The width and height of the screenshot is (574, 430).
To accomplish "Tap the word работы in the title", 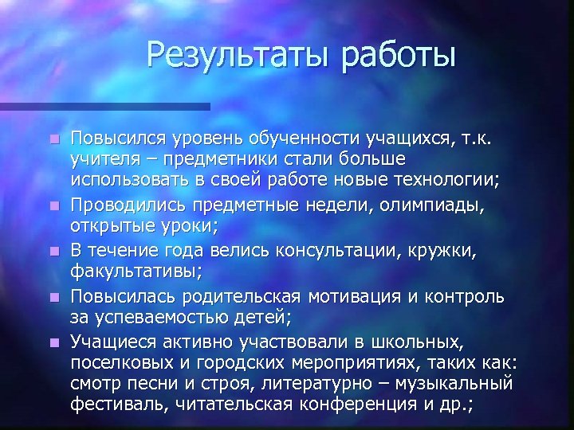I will (397, 56).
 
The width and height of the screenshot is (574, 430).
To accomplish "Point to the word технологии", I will (447, 180).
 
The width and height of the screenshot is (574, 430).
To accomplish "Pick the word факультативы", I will (136, 272).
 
